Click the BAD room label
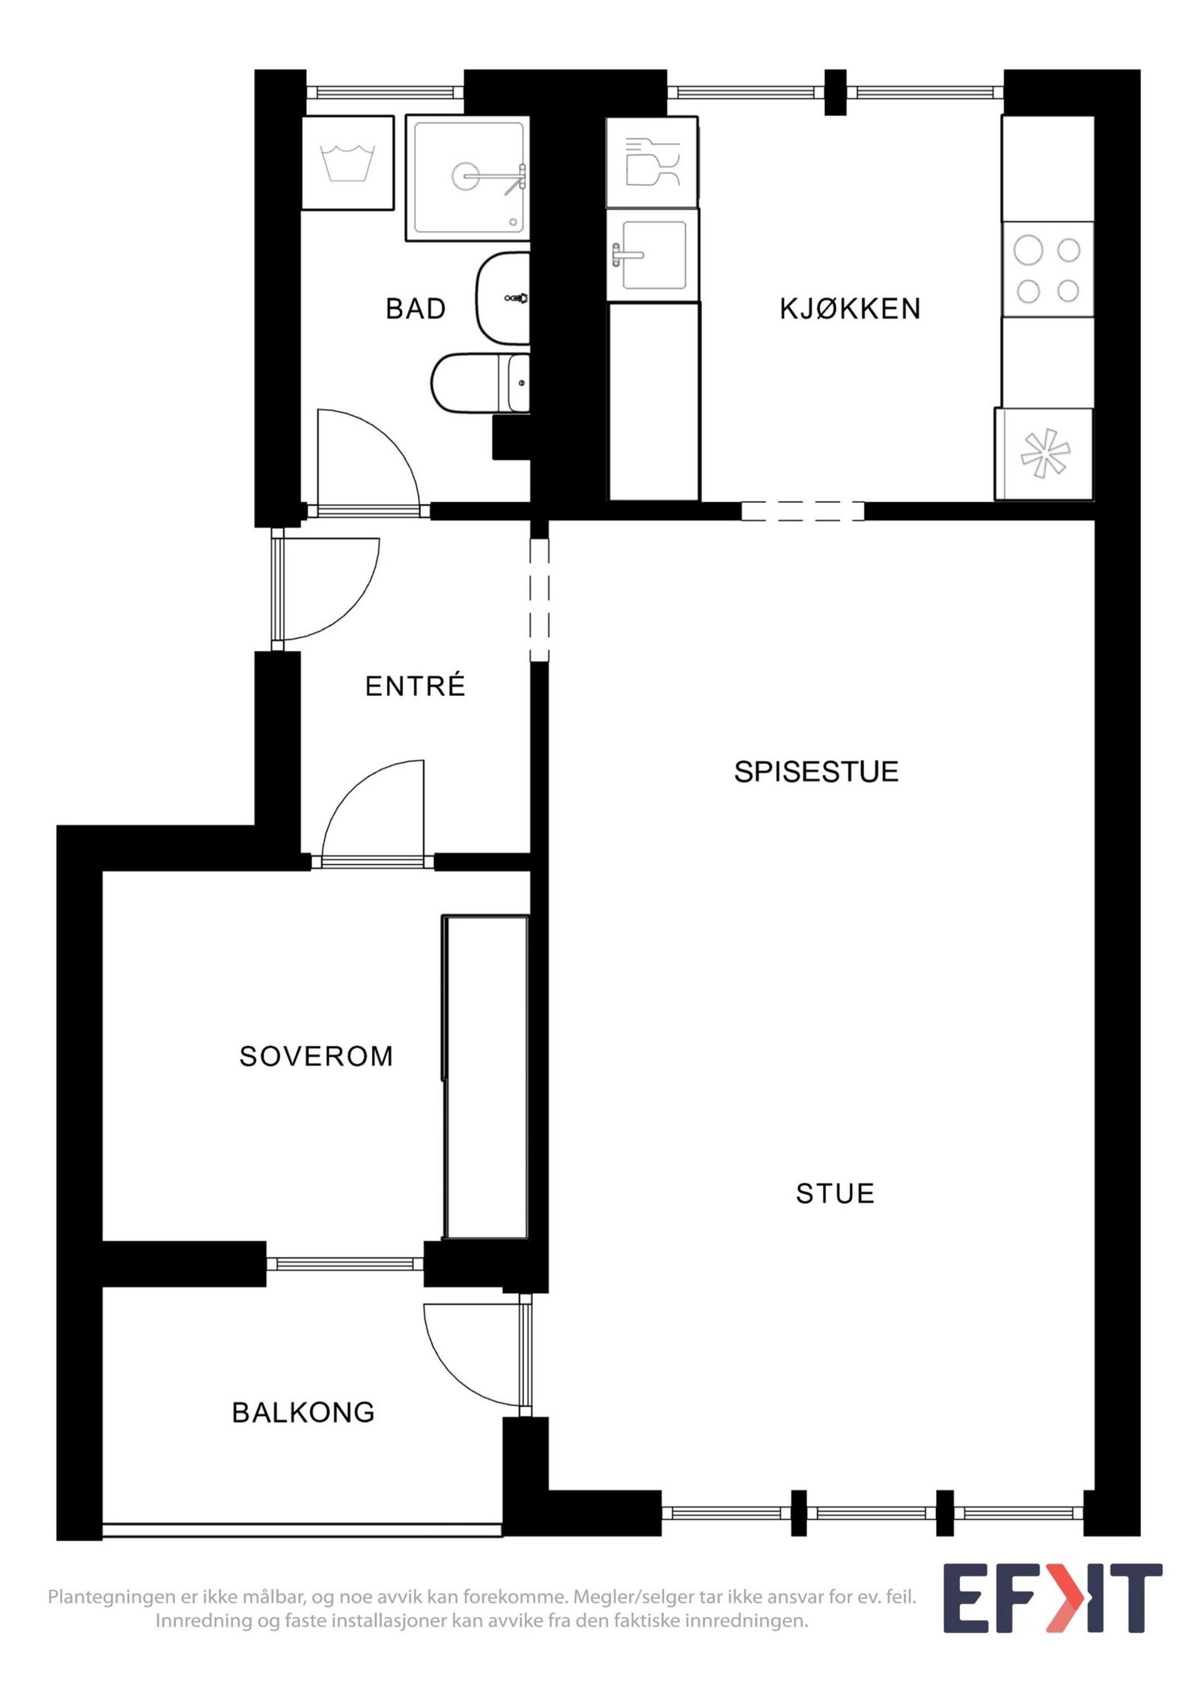415,309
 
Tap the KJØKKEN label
849,309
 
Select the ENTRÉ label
415,686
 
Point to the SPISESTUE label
815,772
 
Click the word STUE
834,1193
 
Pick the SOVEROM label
316,1056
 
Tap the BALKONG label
303,1412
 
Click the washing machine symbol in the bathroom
347,163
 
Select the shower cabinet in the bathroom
467,178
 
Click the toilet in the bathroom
479,383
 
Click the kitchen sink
653,255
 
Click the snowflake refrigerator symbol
1044,454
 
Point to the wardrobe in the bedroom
486,1076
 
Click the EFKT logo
1051,1599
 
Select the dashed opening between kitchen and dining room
803,511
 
